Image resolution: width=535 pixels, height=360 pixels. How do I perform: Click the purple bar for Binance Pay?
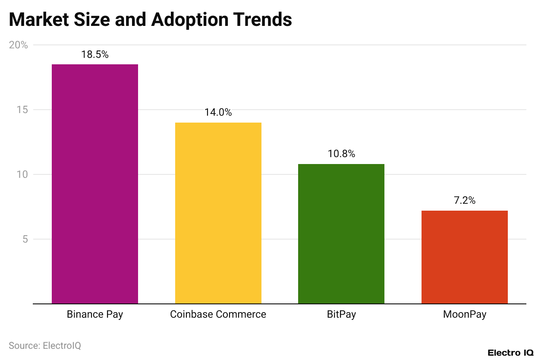[x=95, y=184]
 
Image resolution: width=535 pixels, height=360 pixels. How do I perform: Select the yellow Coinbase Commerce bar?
[x=218, y=213]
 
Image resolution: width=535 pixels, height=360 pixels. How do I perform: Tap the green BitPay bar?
[x=341, y=234]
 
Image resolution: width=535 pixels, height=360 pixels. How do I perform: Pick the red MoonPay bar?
[x=464, y=257]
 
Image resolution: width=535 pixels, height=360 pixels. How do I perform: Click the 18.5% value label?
[x=95, y=55]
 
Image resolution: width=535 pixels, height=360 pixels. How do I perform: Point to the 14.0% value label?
[x=218, y=113]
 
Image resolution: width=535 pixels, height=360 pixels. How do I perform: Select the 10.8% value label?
[x=341, y=154]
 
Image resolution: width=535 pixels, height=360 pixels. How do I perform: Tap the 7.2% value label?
[x=464, y=200]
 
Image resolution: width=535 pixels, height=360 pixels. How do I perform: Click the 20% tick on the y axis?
[x=19, y=45]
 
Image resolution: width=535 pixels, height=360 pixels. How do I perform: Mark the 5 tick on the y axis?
[x=25, y=239]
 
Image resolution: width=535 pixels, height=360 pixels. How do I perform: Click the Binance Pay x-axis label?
[x=95, y=314]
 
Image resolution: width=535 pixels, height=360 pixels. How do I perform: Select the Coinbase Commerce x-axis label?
[x=218, y=314]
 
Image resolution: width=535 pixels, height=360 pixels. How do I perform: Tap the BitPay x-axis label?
[x=341, y=314]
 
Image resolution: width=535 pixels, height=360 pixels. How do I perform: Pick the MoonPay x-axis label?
[x=464, y=314]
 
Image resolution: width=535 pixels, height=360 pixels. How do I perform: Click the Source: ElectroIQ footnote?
[x=45, y=346]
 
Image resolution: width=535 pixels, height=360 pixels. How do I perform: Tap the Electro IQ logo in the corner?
[x=510, y=353]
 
